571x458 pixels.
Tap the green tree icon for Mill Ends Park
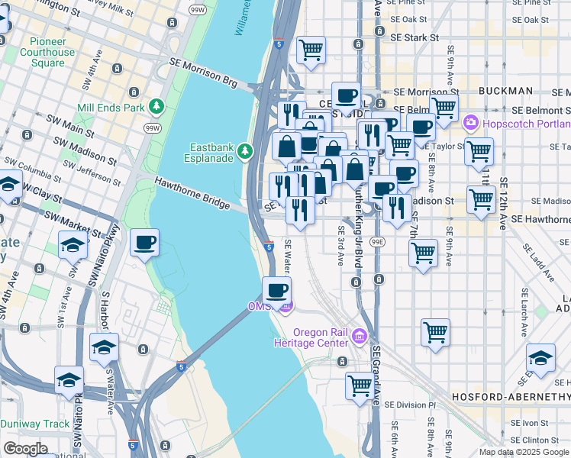click(157, 107)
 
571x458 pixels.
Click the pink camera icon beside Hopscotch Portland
click(470, 122)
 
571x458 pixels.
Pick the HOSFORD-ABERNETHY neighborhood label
click(511, 398)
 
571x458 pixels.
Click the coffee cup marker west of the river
click(144, 244)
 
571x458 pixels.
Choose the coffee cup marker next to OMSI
click(277, 291)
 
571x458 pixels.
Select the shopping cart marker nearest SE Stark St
click(311, 50)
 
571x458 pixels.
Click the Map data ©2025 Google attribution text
click(524, 452)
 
